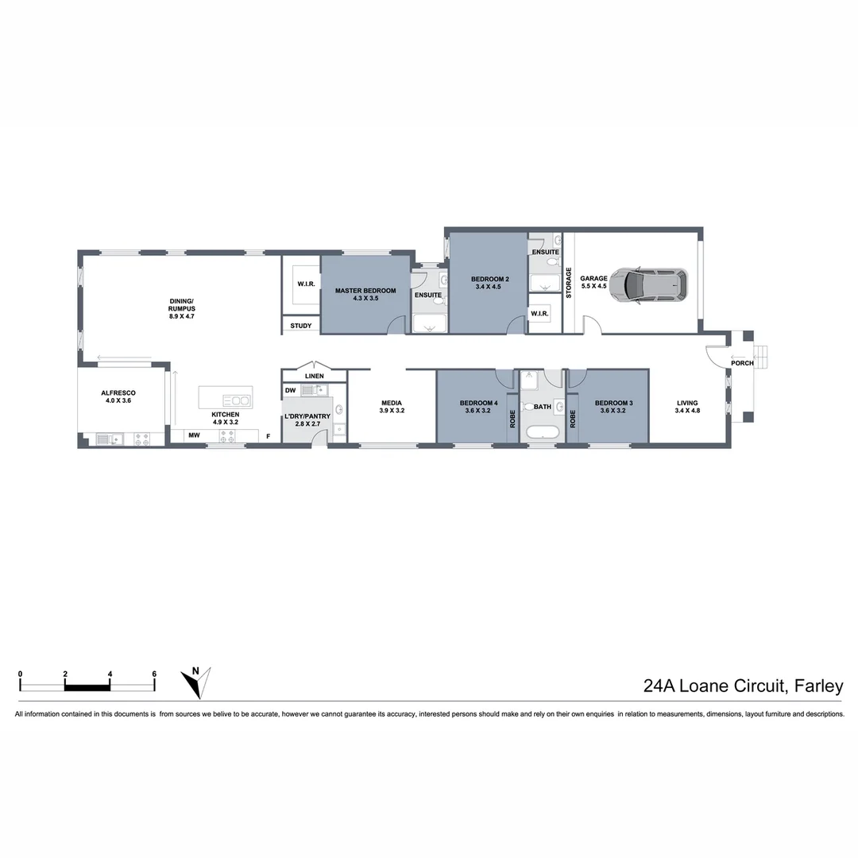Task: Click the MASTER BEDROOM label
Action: pyautogui.click(x=365, y=291)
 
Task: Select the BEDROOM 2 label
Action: pyautogui.click(x=489, y=279)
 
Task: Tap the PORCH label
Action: pyautogui.click(x=743, y=363)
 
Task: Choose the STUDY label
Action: pyautogui.click(x=301, y=326)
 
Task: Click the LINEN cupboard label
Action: pyautogui.click(x=314, y=376)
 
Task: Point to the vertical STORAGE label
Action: pyautogui.click(x=568, y=282)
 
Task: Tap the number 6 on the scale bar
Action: pyautogui.click(x=154, y=674)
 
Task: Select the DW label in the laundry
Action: pyautogui.click(x=290, y=390)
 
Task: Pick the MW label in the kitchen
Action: pyautogui.click(x=194, y=435)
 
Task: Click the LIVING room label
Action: pyautogui.click(x=686, y=403)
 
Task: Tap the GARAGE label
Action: pyautogui.click(x=593, y=279)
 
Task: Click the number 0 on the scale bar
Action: pyautogui.click(x=21, y=674)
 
